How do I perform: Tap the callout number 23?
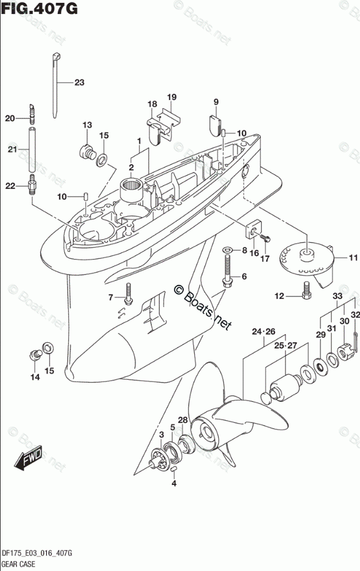pos(79,82)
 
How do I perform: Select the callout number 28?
pos(183,420)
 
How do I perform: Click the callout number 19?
pos(172,97)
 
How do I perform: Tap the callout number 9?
pos(216,102)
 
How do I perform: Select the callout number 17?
pos(265,258)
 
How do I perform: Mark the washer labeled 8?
pos(229,250)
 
